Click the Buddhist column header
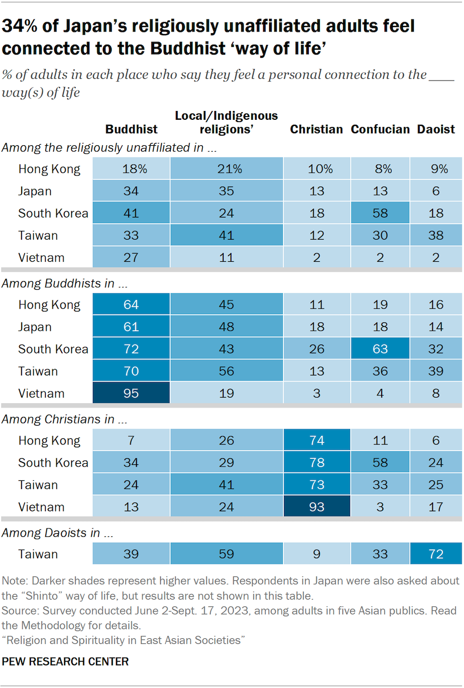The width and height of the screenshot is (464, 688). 131,129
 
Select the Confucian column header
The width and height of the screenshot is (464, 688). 380,129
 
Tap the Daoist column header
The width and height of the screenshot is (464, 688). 436,129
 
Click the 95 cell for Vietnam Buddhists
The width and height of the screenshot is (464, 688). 131,394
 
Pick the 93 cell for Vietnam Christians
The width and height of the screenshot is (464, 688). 317,507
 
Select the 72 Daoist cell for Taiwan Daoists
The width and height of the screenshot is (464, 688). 436,554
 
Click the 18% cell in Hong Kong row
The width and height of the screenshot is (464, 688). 131,170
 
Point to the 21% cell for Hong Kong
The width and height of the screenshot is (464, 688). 226,170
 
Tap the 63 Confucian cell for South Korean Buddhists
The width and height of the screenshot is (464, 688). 380,350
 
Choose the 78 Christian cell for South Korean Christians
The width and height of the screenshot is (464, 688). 317,463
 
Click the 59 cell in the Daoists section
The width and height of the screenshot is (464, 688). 226,554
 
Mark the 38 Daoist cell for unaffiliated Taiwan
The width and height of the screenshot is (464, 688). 436,236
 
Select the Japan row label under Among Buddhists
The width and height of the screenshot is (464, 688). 35,327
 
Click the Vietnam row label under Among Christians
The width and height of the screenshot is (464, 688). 41,507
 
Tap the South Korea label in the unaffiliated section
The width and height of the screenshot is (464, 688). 53,214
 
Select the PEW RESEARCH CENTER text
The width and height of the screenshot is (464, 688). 65,661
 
